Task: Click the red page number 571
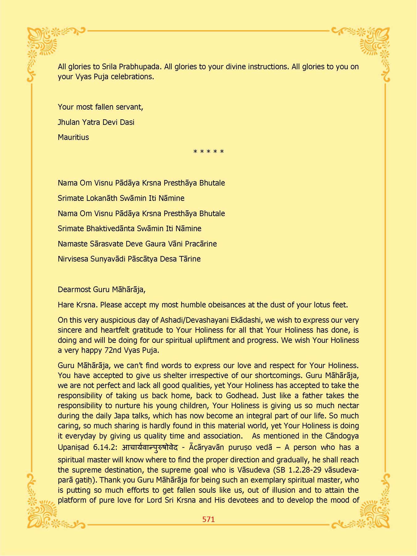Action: pos(208,519)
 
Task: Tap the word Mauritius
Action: pos(73,137)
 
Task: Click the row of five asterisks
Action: pos(208,152)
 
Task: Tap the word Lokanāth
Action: pos(101,198)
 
